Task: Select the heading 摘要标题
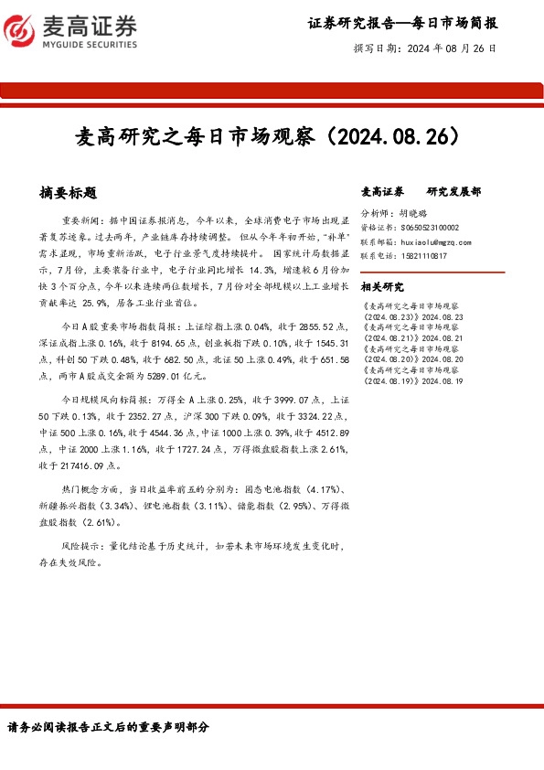69,193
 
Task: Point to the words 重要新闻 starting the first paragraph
80,222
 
